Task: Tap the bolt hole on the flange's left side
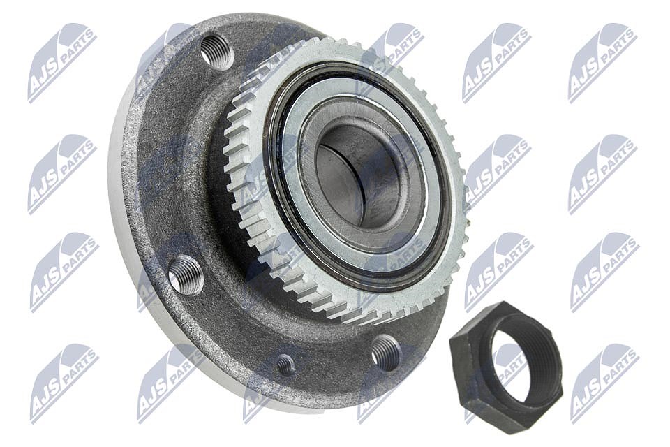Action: pos(186,275)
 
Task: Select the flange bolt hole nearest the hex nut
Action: pos(385,353)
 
